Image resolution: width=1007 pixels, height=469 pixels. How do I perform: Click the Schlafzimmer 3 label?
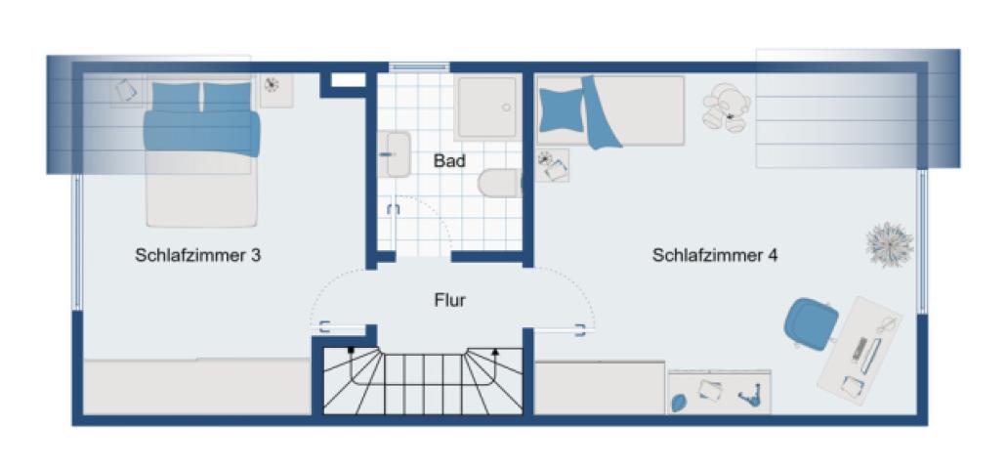pos(198,256)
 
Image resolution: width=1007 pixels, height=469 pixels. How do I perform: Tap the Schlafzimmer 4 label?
pos(715,256)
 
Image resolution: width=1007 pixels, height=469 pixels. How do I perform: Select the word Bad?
pos(449,161)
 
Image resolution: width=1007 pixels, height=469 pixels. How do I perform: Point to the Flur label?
pos(449,300)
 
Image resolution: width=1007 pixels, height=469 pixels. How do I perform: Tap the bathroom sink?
pos(397,154)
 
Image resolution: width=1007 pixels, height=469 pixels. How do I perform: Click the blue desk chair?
pos(812,323)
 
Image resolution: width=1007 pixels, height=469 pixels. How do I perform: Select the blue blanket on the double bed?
pos(202,132)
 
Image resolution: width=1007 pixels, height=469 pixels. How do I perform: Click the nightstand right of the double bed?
pos(275,91)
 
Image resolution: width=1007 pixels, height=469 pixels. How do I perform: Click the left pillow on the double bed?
pos(176,96)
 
